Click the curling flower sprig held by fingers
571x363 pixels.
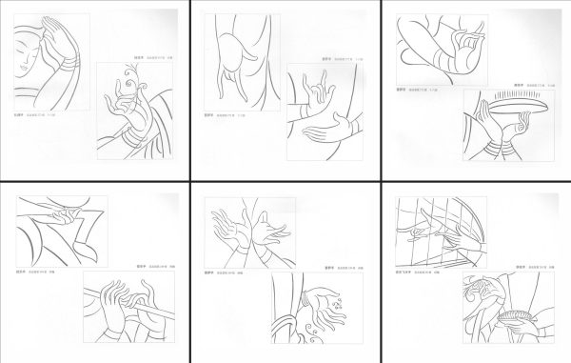pos(125,84)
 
